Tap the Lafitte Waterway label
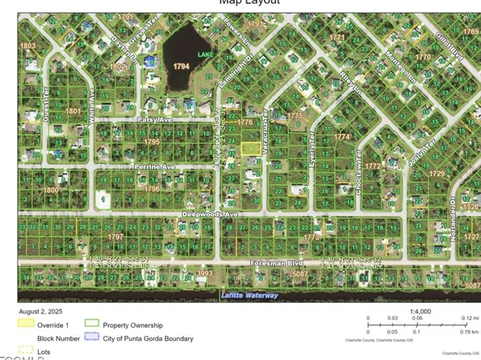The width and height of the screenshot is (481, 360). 249,295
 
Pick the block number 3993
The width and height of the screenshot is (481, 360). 204,274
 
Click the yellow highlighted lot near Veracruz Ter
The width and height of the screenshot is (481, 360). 251,148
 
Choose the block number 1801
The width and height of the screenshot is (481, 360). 73,111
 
